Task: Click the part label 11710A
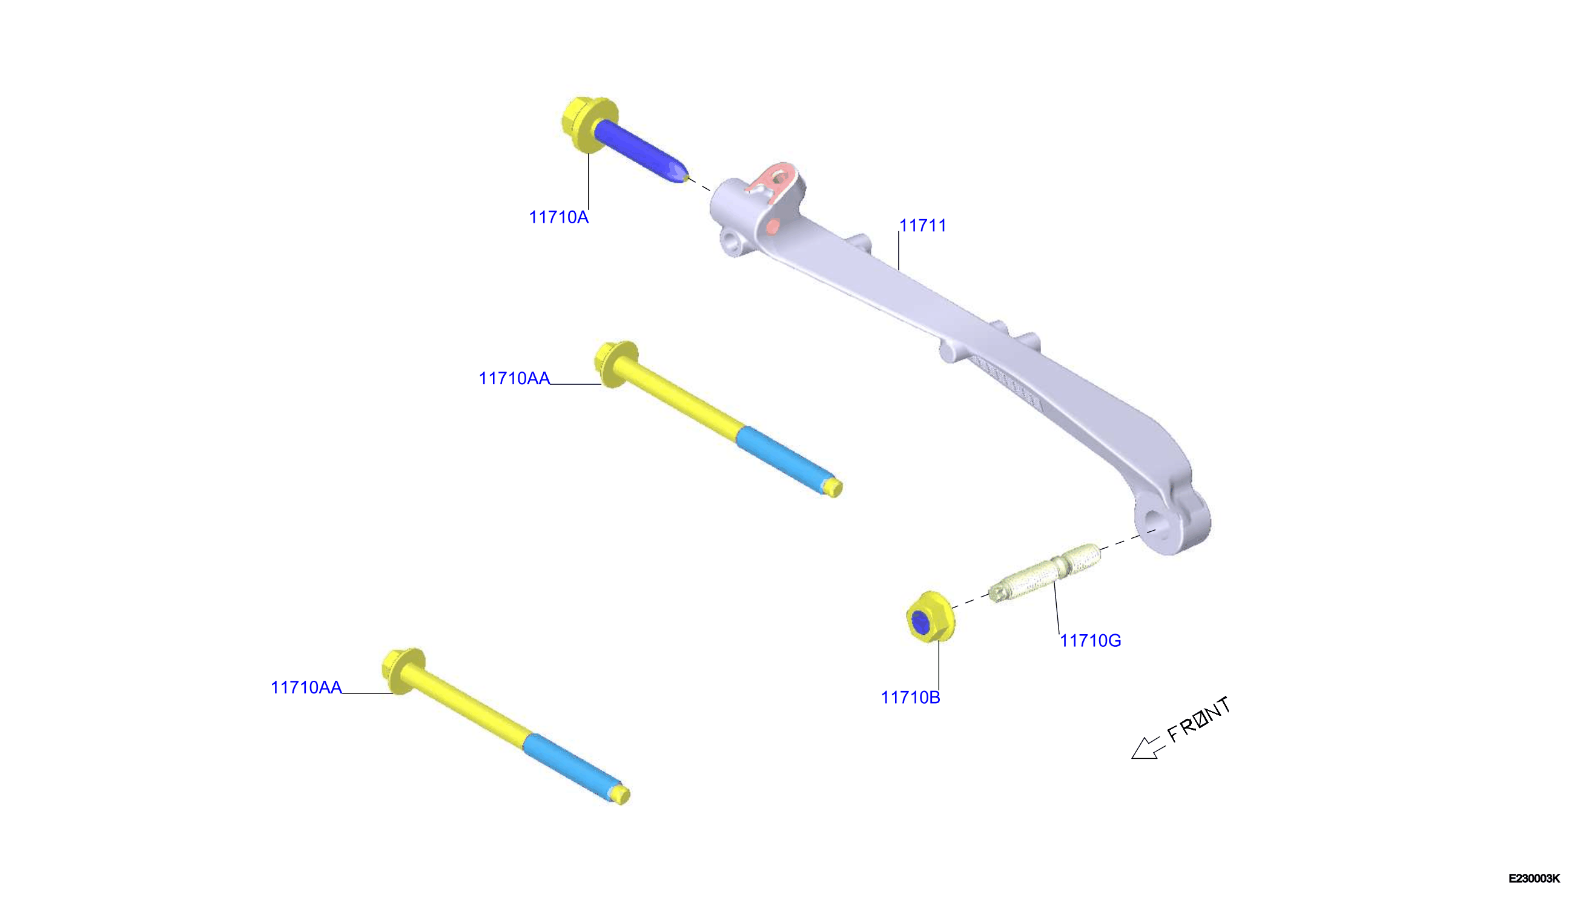click(558, 217)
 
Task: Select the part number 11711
click(923, 226)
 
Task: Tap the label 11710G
click(1091, 641)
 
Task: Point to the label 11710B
click(911, 698)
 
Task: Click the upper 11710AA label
click(515, 378)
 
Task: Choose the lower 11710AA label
click(306, 687)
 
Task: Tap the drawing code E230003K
click(1534, 878)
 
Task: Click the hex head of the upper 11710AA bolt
click(614, 364)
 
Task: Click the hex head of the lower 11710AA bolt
click(402, 671)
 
